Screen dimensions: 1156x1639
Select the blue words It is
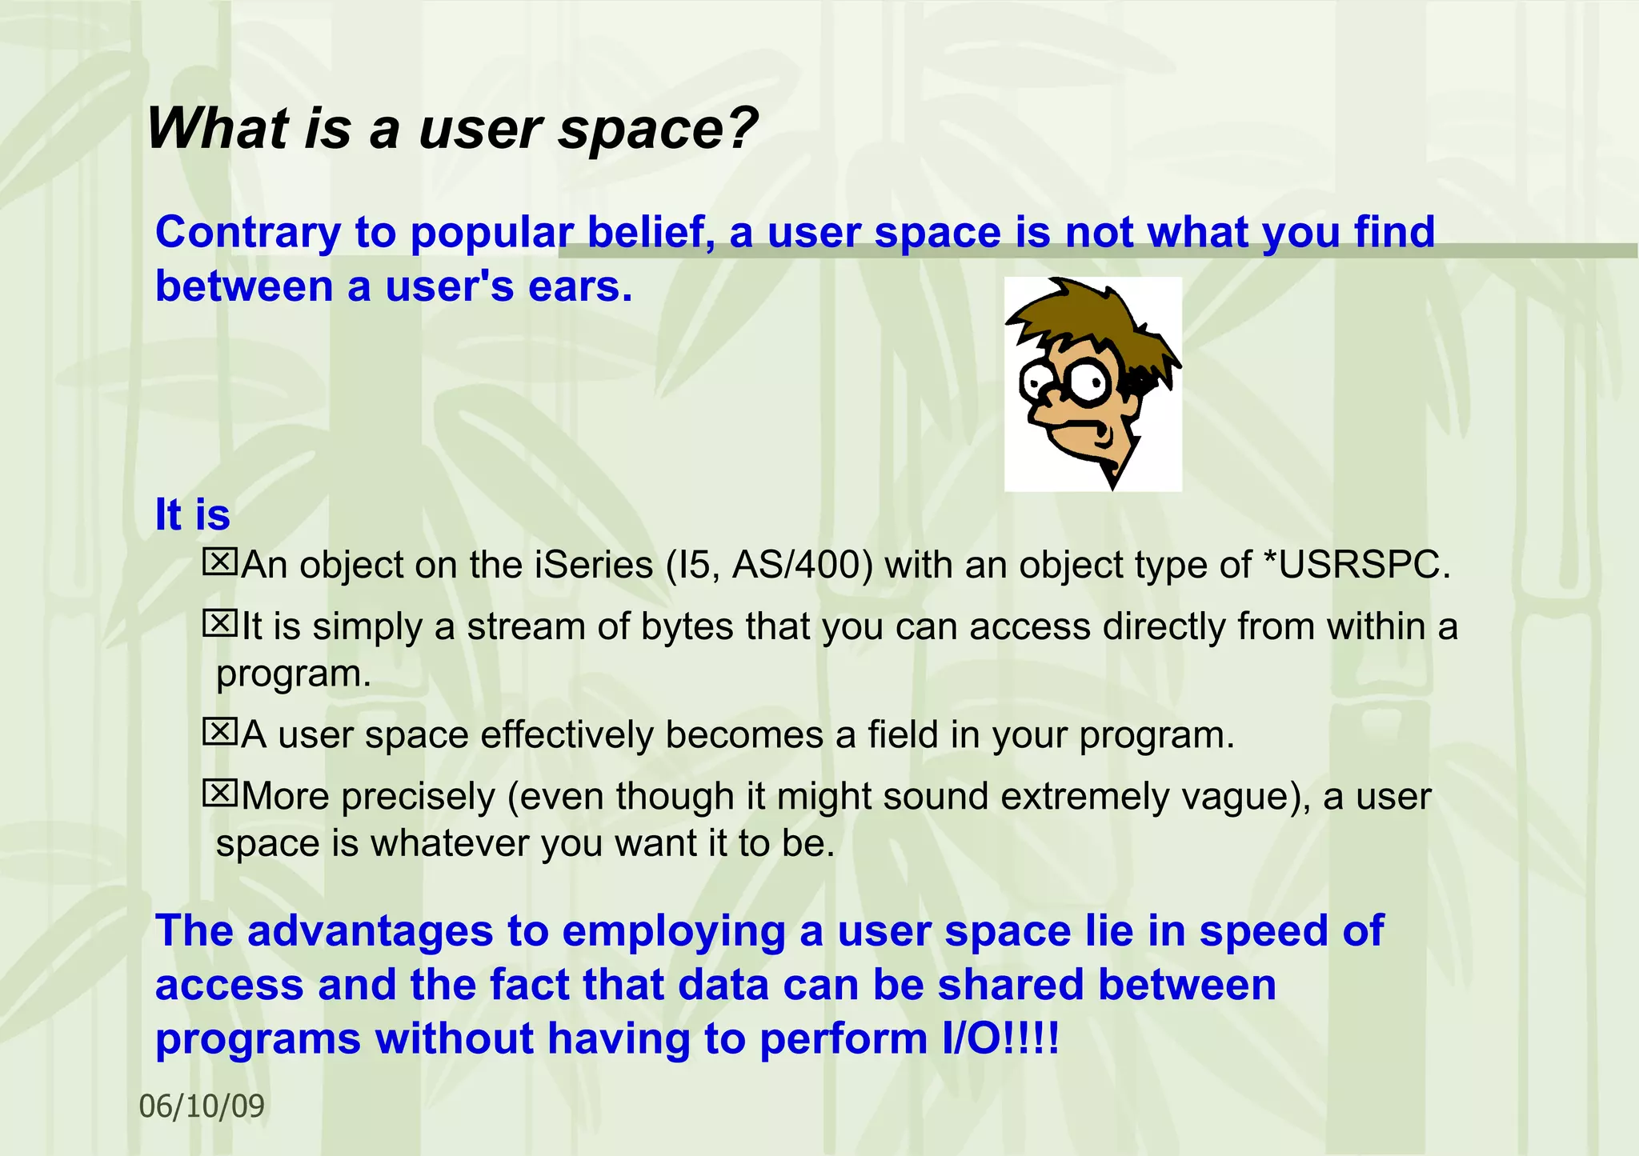(x=192, y=514)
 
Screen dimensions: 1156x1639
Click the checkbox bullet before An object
(x=219, y=562)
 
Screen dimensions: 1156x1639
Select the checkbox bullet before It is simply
(x=219, y=623)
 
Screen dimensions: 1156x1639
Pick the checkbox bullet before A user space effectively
(x=219, y=731)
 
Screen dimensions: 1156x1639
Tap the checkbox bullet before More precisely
(x=219, y=793)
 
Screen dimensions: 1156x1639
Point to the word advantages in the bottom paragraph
(x=370, y=931)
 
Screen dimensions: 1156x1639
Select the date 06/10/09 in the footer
(x=202, y=1106)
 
